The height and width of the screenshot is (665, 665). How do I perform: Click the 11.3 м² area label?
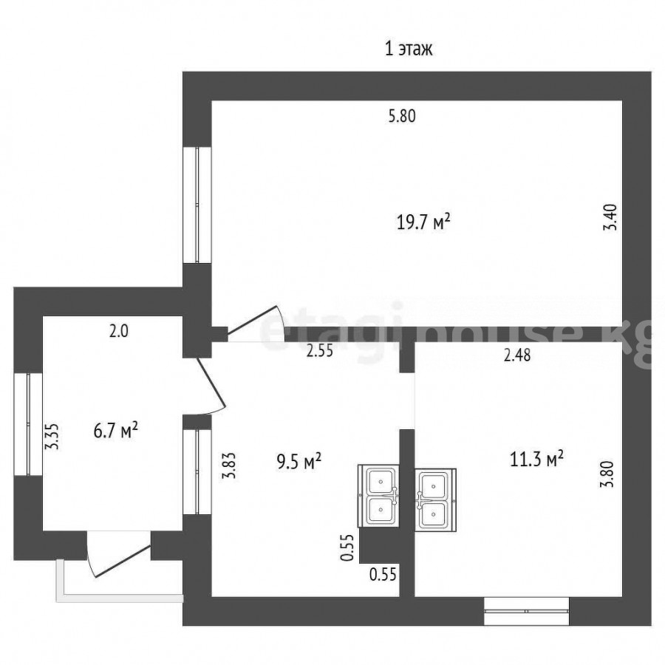click(537, 460)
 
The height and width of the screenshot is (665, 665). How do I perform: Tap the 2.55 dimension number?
click(320, 352)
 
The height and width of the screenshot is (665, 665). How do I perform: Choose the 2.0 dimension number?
click(119, 332)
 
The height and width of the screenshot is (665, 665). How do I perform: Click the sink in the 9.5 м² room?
click(378, 495)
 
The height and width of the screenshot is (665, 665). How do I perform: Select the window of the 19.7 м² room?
click(197, 205)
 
